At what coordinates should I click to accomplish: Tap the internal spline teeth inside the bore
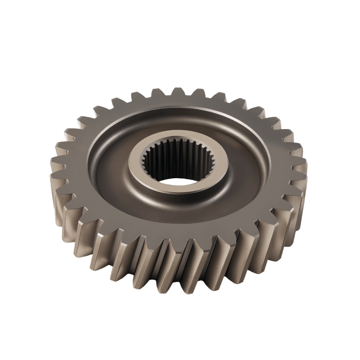tap(180, 155)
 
